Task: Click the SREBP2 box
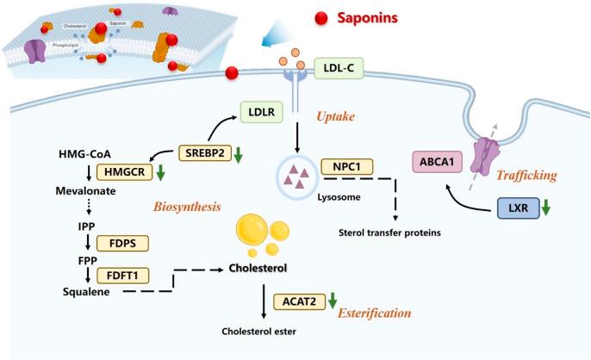[205, 153]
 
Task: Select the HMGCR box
[125, 171]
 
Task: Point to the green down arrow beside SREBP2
[239, 155]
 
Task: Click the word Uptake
[336, 115]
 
